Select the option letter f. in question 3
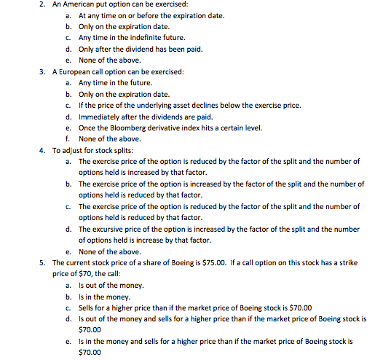[68, 138]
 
